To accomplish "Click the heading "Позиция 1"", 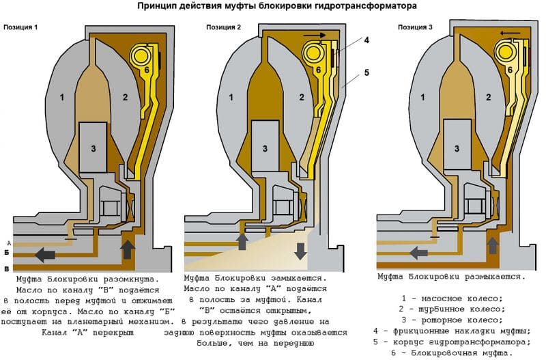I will click(x=20, y=28).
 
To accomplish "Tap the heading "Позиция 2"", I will click(x=224, y=27).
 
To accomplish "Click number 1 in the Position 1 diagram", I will click(x=62, y=98).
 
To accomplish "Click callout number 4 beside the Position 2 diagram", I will click(x=366, y=40).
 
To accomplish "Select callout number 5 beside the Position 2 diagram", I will click(x=366, y=72).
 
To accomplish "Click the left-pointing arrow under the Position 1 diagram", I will click(x=45, y=255).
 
